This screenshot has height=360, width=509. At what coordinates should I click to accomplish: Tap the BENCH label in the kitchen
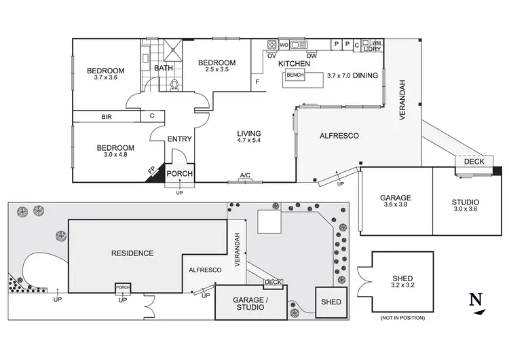coord(296,75)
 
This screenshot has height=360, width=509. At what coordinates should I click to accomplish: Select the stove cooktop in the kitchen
coord(271,46)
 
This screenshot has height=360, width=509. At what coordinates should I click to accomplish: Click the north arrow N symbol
coord(478,300)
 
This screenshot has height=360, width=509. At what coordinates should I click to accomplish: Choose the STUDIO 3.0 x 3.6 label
coord(466,206)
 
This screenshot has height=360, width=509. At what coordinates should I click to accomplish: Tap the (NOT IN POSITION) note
coord(402,317)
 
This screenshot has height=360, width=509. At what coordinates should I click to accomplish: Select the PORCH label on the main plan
coord(180,173)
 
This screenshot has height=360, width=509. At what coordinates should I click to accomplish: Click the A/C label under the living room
coord(245,176)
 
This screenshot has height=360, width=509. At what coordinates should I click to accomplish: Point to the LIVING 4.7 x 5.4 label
coord(249,137)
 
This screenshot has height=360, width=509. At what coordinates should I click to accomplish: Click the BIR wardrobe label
coord(107,117)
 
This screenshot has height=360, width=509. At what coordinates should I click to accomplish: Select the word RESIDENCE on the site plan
coord(132,253)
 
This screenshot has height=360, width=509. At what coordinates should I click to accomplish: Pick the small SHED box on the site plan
coord(330,301)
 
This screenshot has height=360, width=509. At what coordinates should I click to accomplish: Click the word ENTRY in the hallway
coord(181,139)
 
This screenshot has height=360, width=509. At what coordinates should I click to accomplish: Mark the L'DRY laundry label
coord(371,50)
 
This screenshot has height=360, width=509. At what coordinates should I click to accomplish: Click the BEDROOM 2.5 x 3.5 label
coord(216,67)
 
